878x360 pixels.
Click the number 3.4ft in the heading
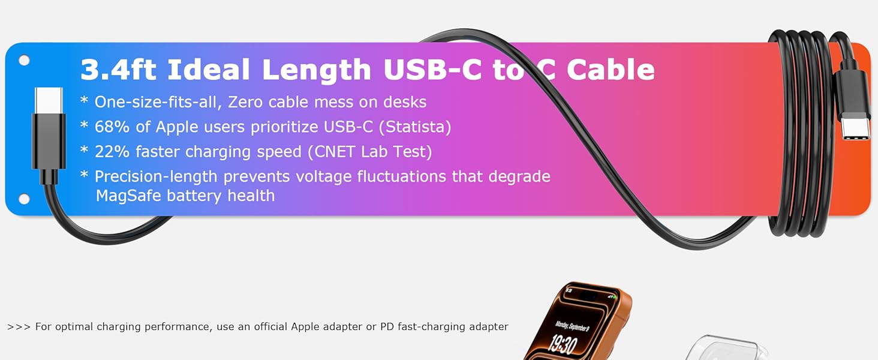point(118,70)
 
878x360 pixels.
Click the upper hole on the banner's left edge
point(24,61)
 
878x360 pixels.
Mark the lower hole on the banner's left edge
point(24,199)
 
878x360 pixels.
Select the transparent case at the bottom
point(726,348)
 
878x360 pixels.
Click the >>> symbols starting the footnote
point(19,327)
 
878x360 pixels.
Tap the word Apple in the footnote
point(305,327)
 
